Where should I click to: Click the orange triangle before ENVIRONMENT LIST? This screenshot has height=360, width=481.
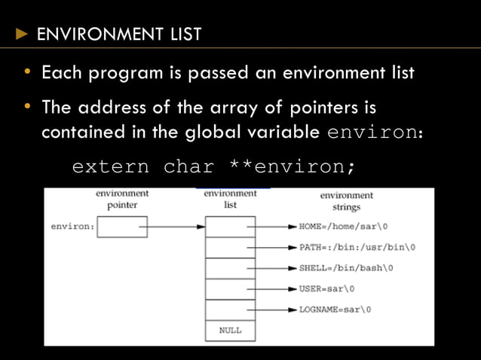coord(22,34)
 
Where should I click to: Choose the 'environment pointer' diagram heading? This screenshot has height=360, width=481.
coord(121,199)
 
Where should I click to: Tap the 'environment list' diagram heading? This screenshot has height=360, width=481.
coord(230,199)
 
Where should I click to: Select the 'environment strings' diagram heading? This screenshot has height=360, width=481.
coord(346,201)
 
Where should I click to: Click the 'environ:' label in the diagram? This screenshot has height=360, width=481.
coord(72,226)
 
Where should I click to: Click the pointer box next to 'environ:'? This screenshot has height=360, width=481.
coord(122,226)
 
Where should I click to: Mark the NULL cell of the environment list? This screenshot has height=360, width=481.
coord(230,330)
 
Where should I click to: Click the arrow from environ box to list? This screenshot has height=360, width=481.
coord(176,226)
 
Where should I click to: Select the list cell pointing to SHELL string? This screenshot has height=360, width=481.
coord(230,268)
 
